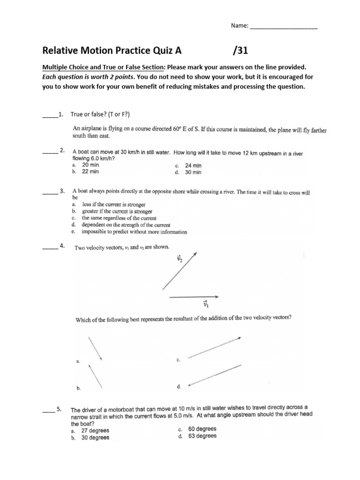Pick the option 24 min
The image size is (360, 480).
tap(193, 165)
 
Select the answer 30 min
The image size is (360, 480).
tap(193, 172)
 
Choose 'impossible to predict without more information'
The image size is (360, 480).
tap(134, 232)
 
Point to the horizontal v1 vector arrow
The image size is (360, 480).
tap(194, 296)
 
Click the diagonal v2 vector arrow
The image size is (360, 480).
tap(180, 271)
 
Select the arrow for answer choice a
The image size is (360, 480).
tap(95, 348)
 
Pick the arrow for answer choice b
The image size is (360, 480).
tap(95, 377)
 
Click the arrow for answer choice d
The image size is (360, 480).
tap(215, 376)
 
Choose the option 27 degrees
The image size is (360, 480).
tap(95, 430)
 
